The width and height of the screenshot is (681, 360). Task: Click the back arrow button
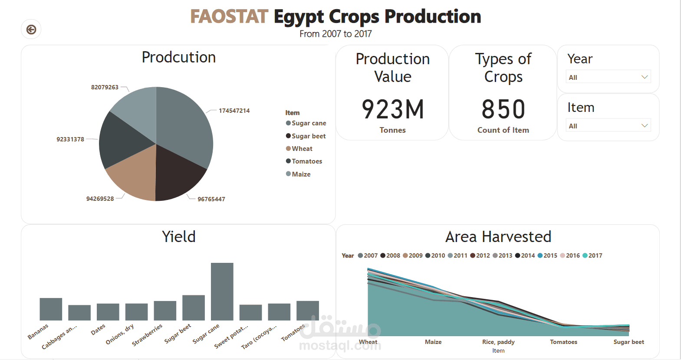click(31, 29)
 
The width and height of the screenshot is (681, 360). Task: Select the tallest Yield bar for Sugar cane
click(222, 291)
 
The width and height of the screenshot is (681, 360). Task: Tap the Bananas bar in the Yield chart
click(51, 309)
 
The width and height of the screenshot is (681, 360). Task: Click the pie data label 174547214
click(234, 111)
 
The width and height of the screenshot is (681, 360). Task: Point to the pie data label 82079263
click(105, 87)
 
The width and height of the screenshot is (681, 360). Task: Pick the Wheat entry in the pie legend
click(302, 149)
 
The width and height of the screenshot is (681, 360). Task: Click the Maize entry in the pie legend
click(301, 174)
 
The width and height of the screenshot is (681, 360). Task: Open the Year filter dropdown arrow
click(645, 77)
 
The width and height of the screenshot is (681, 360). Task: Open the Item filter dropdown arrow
click(645, 126)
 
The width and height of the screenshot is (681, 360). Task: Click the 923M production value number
click(393, 109)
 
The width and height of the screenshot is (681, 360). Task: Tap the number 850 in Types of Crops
click(503, 109)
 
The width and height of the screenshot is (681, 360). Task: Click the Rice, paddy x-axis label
click(498, 342)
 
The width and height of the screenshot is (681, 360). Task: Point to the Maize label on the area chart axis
click(433, 342)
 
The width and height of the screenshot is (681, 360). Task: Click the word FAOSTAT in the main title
click(229, 17)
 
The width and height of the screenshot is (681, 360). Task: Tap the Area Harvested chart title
click(498, 237)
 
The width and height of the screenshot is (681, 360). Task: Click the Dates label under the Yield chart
click(98, 330)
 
